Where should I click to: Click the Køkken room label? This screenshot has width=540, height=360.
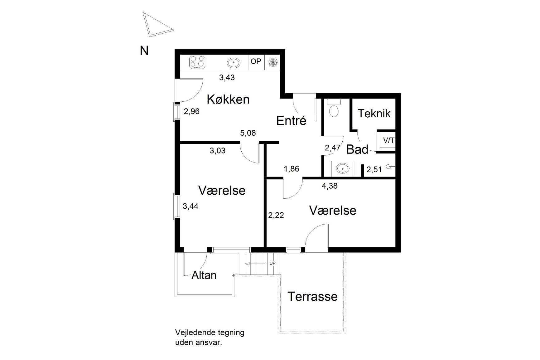(228, 99)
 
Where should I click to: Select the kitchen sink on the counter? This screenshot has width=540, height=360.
(234, 63)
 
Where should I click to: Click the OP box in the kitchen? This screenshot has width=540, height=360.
(256, 61)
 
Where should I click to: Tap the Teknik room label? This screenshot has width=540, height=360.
(374, 114)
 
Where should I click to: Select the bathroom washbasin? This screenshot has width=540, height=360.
(343, 168)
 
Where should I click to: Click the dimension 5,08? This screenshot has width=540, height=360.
(248, 133)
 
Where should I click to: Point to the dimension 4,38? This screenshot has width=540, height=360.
(330, 186)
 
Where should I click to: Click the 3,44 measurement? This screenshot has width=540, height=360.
(190, 206)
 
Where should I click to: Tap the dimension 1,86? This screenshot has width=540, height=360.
(291, 169)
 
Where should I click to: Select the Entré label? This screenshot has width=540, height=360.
(291, 120)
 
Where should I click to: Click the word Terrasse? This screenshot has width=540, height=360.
(312, 296)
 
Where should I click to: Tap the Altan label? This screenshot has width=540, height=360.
(204, 275)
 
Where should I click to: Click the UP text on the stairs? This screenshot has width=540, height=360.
(272, 263)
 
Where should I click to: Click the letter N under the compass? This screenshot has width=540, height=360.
(144, 51)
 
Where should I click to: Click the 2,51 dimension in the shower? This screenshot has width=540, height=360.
(374, 170)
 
